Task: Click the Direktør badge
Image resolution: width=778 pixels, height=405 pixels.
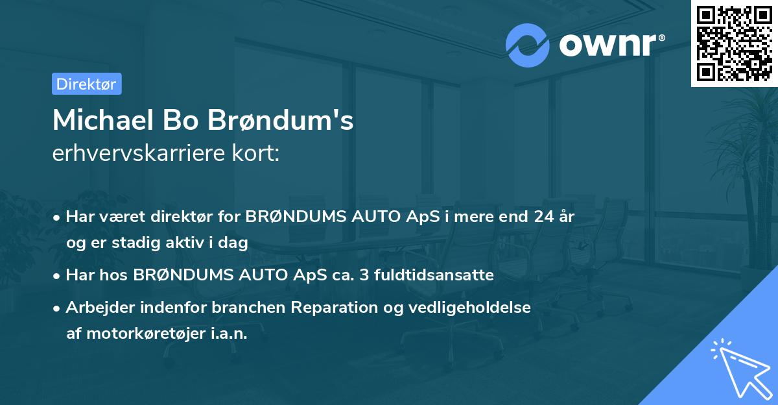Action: [86, 84]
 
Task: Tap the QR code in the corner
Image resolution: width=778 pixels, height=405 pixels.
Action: [734, 43]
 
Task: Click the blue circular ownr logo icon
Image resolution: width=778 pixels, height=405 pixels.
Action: [528, 45]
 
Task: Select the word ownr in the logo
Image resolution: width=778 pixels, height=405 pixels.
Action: [608, 44]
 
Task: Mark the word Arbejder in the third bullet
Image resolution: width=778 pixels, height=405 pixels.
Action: [97, 308]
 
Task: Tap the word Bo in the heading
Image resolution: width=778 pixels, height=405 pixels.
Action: [184, 121]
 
